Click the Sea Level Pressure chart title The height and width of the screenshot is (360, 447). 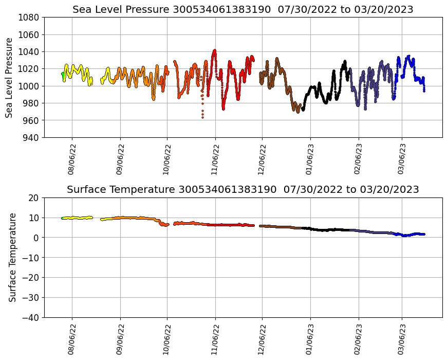(243, 10)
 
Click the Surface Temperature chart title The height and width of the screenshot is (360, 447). (243, 190)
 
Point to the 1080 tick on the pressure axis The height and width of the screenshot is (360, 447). (30, 17)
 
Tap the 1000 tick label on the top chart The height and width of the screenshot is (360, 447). (30, 86)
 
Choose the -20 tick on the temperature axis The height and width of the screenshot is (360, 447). (31, 278)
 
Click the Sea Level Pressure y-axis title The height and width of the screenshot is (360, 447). (10, 78)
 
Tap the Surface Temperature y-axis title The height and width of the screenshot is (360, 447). (12, 257)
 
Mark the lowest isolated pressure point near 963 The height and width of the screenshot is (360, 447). (202, 117)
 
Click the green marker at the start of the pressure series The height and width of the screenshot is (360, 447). (63, 75)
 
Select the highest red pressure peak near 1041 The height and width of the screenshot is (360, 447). (214, 50)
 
